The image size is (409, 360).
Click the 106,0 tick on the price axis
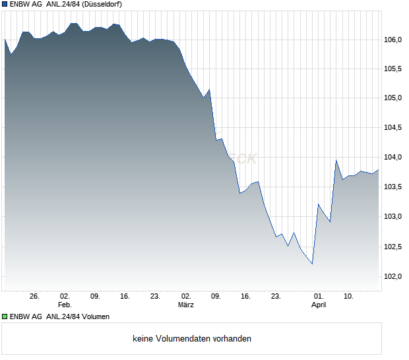394,40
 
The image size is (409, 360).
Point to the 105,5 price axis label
394,69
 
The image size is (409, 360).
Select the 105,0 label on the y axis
394,98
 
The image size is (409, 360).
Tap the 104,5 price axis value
394,128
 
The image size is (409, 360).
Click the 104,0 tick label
394,158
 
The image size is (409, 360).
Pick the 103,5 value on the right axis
394,187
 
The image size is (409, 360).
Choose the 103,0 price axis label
394,217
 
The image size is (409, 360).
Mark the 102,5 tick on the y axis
394,247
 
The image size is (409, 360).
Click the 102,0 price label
394,276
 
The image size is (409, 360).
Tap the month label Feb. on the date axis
64,305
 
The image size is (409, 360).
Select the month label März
186,305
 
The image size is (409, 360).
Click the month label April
319,305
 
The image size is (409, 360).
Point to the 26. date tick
35,296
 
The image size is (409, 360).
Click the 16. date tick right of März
245,296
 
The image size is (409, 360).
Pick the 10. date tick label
348,296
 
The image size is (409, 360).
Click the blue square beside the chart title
5,4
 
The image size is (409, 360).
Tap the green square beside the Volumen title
5,316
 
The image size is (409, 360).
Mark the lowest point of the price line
312,264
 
